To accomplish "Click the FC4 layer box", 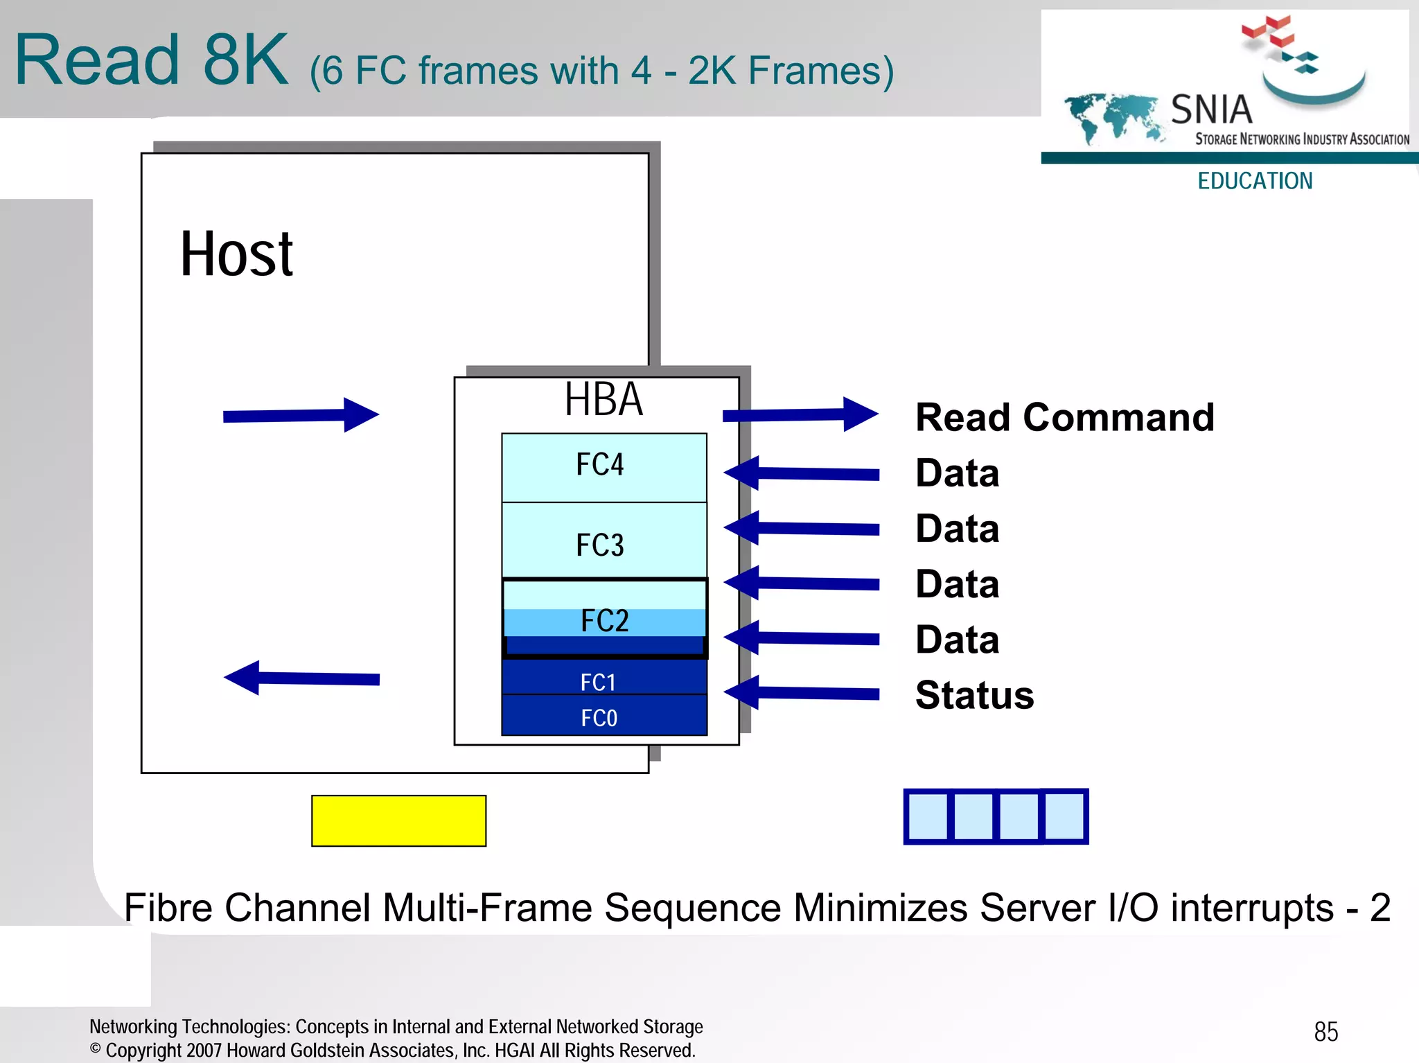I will point(603,467).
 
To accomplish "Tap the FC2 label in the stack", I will point(605,620).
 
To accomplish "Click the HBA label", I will point(603,400).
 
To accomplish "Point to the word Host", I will point(236,254).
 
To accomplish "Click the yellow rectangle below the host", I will point(398,820).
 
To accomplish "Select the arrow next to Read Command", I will point(800,414).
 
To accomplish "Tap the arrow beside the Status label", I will point(801,692).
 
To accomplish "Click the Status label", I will point(974,695).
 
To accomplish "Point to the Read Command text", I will point(1064,417).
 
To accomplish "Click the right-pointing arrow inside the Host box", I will point(301,415).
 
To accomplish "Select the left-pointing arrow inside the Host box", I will point(301,678).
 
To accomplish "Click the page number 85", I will point(1325,1031).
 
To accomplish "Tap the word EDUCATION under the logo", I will point(1255,181).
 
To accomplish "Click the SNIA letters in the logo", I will point(1211,109).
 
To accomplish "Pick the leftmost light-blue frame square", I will point(928,816).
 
